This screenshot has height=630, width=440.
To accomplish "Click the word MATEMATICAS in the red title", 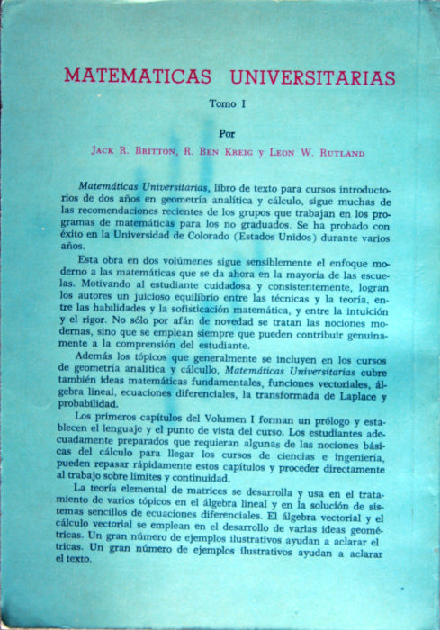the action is (x=135, y=77).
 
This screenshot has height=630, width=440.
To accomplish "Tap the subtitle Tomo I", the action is (x=228, y=103).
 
